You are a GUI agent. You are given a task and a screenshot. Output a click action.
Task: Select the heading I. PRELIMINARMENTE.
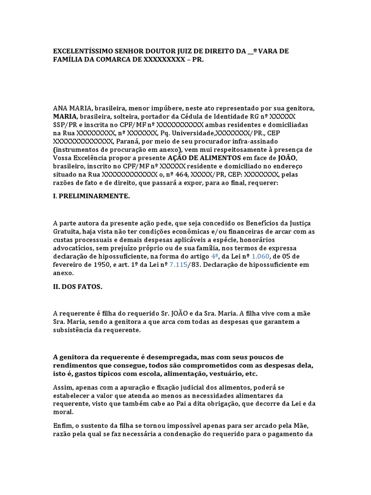click(91, 196)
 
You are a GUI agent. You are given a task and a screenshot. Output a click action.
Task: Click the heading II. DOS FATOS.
click(77, 287)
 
